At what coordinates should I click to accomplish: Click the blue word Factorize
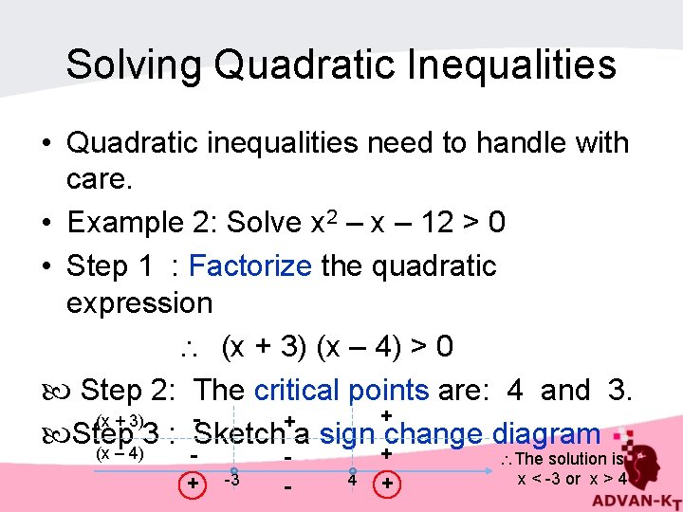(249, 265)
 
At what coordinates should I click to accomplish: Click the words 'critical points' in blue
(341, 389)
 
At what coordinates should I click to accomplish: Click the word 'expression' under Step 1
(139, 303)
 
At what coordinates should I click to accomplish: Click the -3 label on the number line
(231, 480)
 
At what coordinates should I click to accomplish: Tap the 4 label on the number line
(351, 481)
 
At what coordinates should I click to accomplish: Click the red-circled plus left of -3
(193, 484)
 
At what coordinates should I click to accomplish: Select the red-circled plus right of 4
(387, 485)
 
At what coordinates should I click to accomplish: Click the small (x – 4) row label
(120, 453)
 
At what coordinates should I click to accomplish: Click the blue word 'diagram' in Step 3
(546, 434)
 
